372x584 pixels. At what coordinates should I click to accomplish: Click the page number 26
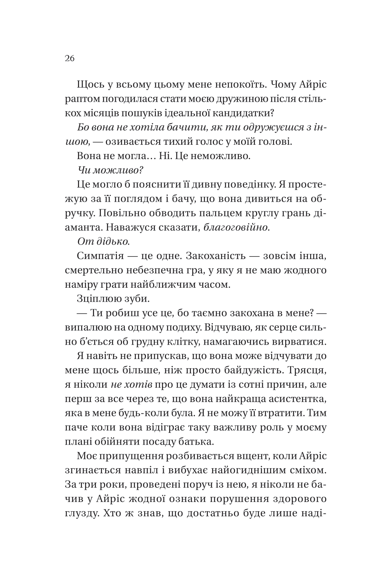(70, 58)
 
